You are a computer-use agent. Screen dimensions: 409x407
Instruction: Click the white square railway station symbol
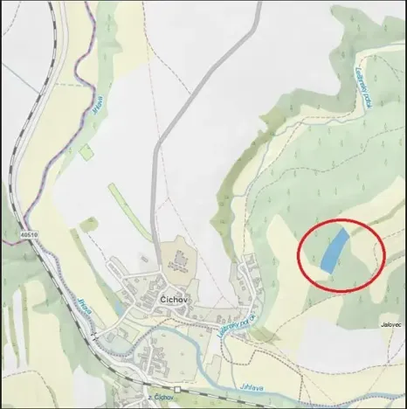point(176,390)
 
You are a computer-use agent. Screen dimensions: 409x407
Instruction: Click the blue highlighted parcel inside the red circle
point(333,248)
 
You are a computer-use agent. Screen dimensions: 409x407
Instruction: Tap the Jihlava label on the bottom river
point(251,387)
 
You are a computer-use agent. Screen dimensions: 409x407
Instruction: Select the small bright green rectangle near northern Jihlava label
point(86,151)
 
